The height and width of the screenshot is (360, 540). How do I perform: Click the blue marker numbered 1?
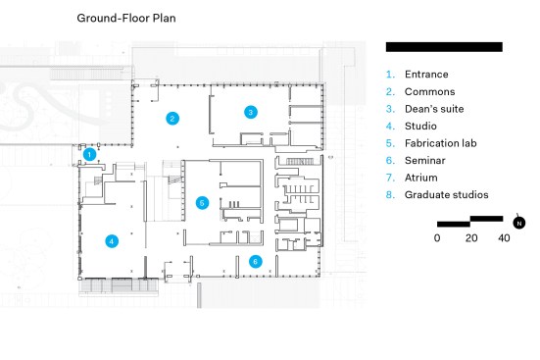[89, 154]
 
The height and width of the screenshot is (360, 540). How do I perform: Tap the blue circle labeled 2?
[172, 119]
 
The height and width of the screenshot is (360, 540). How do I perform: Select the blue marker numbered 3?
[250, 112]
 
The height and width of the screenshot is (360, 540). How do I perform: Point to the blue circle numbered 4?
[112, 241]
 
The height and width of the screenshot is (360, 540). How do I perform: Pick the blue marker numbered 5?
[202, 203]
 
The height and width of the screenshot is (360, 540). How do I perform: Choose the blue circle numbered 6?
[255, 261]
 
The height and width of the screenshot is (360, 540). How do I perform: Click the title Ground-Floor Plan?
[126, 18]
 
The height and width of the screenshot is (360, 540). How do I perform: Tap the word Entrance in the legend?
[426, 75]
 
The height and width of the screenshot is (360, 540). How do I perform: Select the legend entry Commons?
[430, 92]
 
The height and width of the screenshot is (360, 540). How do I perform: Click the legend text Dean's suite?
[434, 109]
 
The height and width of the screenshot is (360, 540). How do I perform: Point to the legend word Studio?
[420, 126]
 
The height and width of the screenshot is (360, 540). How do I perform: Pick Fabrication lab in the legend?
[440, 143]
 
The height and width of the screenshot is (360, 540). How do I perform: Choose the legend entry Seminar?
[425, 160]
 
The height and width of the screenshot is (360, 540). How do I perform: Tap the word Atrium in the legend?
[421, 178]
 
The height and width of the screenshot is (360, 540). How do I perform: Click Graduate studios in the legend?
[446, 195]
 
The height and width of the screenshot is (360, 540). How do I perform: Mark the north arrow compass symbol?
[519, 223]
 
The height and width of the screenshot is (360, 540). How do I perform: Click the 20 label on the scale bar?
[471, 238]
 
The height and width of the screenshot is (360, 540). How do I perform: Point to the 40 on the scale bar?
[504, 238]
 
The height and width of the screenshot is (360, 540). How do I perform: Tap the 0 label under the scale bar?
[437, 238]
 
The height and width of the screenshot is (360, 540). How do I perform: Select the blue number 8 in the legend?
[390, 195]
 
